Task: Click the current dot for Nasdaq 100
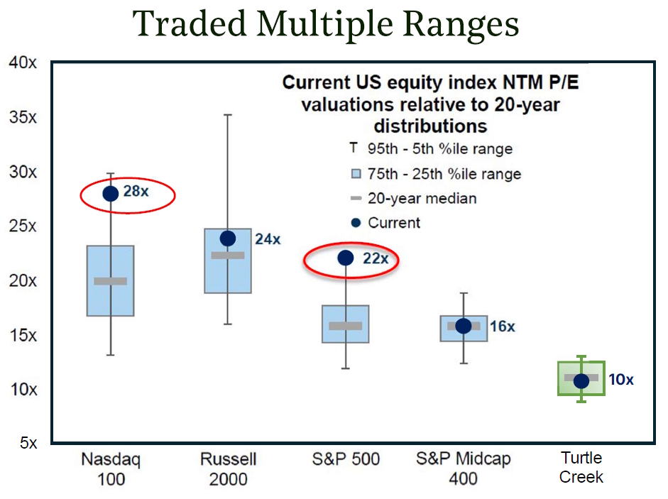click(x=110, y=194)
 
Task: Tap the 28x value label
click(x=136, y=192)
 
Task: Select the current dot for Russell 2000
click(x=228, y=238)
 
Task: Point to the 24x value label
click(x=268, y=239)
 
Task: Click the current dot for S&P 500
click(x=346, y=258)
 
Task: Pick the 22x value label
click(x=376, y=258)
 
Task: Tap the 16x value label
click(x=503, y=327)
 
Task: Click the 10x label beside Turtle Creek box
click(x=621, y=379)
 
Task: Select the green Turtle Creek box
click(x=559, y=378)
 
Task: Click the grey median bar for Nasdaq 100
click(x=110, y=281)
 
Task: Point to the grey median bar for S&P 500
click(x=346, y=326)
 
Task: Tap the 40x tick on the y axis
click(x=23, y=62)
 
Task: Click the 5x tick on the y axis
click(x=28, y=443)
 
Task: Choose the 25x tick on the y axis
click(x=23, y=226)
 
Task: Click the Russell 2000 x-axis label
click(x=229, y=469)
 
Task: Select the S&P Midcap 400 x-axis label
click(x=463, y=468)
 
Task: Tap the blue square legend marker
click(x=356, y=174)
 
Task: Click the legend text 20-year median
click(x=422, y=199)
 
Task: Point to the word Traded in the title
click(x=190, y=23)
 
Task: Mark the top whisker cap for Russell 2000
click(x=228, y=114)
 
